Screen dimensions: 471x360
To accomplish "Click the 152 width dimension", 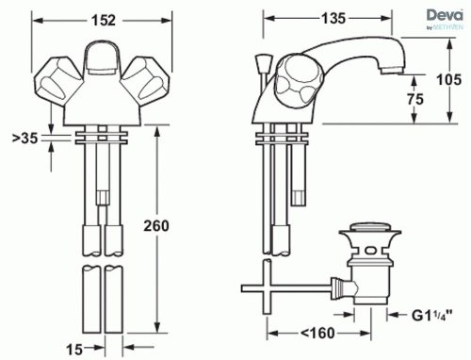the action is click(104, 21).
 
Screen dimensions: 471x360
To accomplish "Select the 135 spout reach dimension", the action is click(333, 19).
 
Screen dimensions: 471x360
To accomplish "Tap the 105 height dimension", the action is click(449, 79).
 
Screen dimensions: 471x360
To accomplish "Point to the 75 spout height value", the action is click(415, 99).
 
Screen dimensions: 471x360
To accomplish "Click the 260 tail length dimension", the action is click(156, 225).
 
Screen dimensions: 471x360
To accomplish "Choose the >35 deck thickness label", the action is click(24, 138).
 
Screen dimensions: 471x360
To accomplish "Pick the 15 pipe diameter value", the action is click(74, 349).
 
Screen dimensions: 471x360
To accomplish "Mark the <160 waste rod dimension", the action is click(317, 333).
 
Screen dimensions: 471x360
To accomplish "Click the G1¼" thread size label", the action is click(432, 315).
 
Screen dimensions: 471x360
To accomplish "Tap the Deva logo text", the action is click(445, 15).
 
